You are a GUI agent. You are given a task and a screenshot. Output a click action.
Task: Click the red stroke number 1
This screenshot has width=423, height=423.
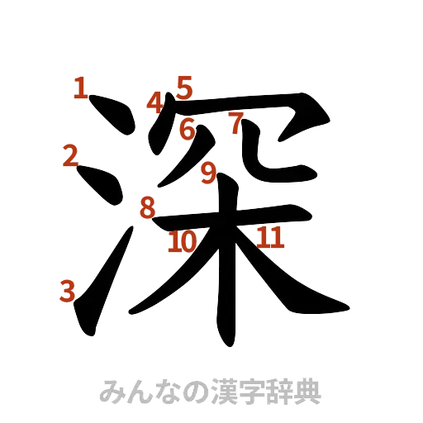click(80, 87)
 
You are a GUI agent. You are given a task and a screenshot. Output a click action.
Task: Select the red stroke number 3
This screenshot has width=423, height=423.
click(69, 290)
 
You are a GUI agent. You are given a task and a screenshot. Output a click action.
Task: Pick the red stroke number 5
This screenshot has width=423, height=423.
click(183, 85)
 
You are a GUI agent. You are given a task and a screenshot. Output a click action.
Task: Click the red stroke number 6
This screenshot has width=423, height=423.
click(187, 130)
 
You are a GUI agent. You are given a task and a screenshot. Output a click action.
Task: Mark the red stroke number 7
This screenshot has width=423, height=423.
click(236, 122)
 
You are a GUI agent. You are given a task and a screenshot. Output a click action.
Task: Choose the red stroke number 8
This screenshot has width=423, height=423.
click(148, 207)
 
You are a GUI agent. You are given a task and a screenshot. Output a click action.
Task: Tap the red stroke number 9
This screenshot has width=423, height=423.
click(208, 172)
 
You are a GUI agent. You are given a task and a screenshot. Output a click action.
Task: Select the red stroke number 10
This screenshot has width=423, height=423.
click(183, 241)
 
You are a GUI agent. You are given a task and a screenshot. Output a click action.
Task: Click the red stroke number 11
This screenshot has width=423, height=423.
click(270, 238)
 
